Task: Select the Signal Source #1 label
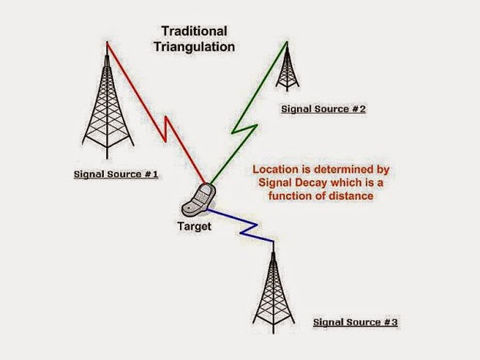[x=116, y=174]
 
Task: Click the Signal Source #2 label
[x=322, y=109]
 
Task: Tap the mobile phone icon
[x=196, y=200]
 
